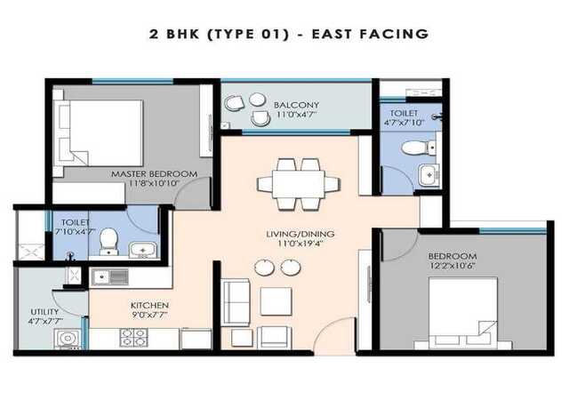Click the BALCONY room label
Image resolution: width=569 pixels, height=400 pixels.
pyautogui.click(x=296, y=105)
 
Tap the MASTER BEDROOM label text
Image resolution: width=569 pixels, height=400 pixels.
pyautogui.click(x=154, y=174)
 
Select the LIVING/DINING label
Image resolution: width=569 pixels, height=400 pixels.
pyautogui.click(x=301, y=234)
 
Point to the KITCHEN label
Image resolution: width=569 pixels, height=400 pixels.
pyautogui.click(x=149, y=305)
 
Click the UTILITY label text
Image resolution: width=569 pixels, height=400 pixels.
pyautogui.click(x=44, y=312)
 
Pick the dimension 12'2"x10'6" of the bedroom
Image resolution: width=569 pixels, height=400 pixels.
pyautogui.click(x=453, y=266)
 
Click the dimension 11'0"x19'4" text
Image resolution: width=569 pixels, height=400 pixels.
pyautogui.click(x=301, y=244)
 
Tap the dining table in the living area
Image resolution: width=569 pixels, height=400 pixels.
pyautogui.click(x=299, y=184)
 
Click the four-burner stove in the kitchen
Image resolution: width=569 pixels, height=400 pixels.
pyautogui.click(x=134, y=338)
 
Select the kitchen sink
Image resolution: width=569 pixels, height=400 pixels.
pyautogui.click(x=109, y=277)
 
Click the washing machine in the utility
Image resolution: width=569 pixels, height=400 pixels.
pyautogui.click(x=68, y=339)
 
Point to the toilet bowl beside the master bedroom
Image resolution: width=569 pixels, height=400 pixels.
pyautogui.click(x=108, y=241)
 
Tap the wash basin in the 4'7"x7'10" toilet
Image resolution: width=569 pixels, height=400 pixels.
pyautogui.click(x=429, y=175)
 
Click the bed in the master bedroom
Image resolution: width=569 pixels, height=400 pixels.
pyautogui.click(x=98, y=133)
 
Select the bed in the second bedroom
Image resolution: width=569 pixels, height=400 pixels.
pyautogui.click(x=462, y=311)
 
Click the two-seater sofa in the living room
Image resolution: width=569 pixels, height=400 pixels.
pyautogui.click(x=236, y=302)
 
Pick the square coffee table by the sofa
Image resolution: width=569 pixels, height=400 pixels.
pyautogui.click(x=276, y=301)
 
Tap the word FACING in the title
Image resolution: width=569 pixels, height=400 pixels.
pyautogui.click(x=394, y=34)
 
